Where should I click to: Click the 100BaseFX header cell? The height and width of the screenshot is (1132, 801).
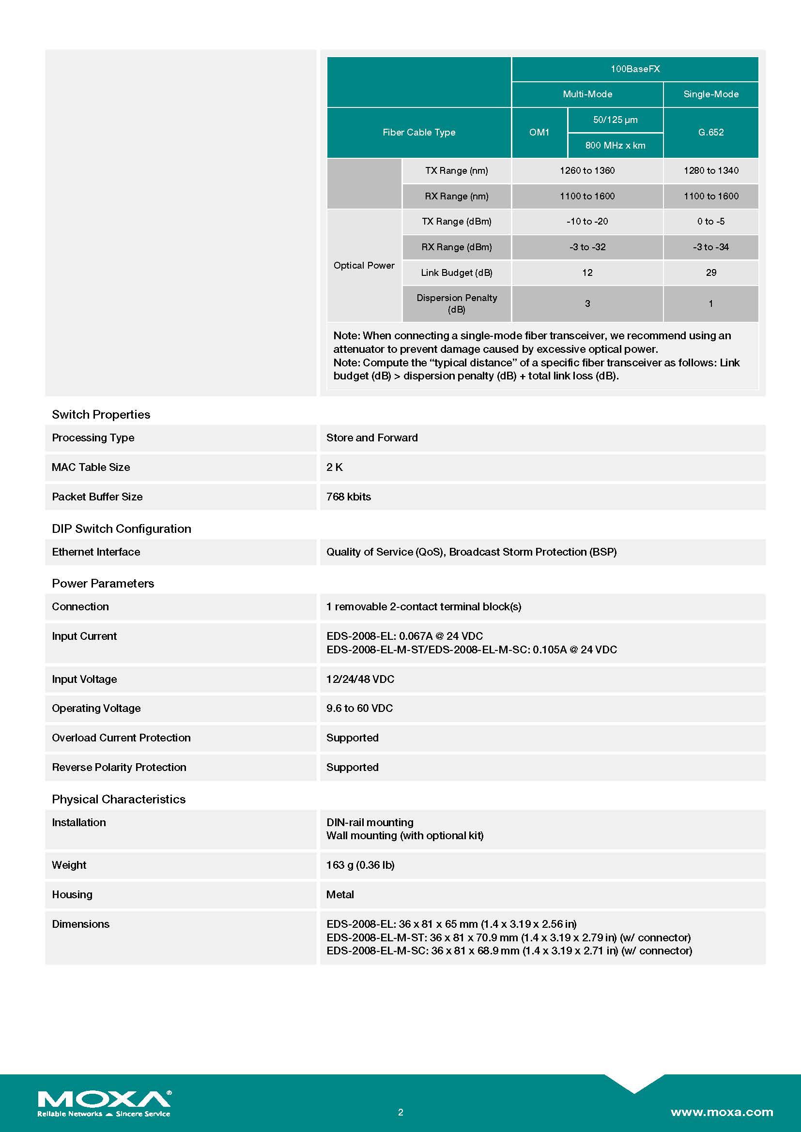pos(635,69)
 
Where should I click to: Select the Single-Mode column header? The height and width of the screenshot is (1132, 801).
pos(711,94)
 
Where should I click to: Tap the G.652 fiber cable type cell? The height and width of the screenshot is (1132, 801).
pos(711,132)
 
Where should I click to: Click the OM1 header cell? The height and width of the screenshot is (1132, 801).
pos(539,132)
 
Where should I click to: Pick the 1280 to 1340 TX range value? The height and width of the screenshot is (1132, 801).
pos(711,170)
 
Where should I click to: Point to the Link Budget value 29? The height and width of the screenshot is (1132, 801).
pos(711,272)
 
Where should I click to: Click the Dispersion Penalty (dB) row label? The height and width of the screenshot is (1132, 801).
pos(456,303)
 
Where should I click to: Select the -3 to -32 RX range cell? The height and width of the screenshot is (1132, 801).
pos(587,247)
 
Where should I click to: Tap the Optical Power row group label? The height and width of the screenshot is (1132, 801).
pos(364,265)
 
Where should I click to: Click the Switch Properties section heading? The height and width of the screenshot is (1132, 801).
pos(101,415)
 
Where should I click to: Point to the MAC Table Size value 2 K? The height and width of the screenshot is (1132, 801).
pos(335,468)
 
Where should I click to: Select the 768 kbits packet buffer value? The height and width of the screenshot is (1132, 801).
pos(348,497)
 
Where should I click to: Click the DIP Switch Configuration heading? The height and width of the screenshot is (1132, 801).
pos(122,529)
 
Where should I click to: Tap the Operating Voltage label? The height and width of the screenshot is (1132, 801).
pos(96,709)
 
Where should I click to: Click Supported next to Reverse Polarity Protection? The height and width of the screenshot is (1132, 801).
pos(352,768)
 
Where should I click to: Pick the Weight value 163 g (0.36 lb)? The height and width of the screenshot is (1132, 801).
pos(360,865)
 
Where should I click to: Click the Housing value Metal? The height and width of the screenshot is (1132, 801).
pos(340,895)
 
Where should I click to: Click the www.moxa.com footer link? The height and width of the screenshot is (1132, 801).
pos(722,1112)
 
